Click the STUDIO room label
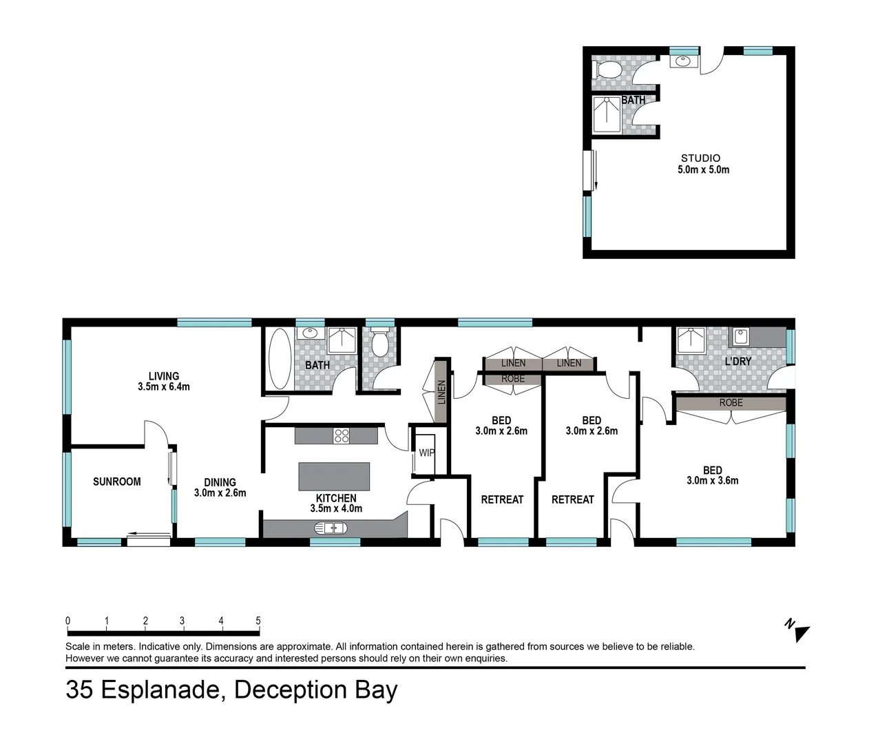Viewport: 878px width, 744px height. pyautogui.click(x=700, y=158)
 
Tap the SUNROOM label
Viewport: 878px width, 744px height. pyautogui.click(x=116, y=482)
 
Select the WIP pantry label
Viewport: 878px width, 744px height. pyautogui.click(x=426, y=453)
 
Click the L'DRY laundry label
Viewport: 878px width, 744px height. pyautogui.click(x=738, y=361)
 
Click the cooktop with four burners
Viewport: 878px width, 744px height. pyautogui.click(x=342, y=435)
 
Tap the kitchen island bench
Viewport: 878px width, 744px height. pyautogui.click(x=334, y=476)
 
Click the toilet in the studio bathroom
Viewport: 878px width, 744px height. pyautogui.click(x=607, y=70)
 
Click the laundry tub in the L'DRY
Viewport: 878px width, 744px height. pyautogui.click(x=741, y=337)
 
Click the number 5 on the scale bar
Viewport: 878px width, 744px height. pyautogui.click(x=258, y=621)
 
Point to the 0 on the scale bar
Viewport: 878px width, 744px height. pyautogui.click(x=67, y=621)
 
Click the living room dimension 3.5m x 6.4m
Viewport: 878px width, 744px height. pyautogui.click(x=163, y=387)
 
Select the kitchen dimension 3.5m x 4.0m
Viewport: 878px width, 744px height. pyautogui.click(x=336, y=508)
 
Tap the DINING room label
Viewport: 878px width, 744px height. pyautogui.click(x=220, y=482)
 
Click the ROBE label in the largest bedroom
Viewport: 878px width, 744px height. pyautogui.click(x=731, y=402)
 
